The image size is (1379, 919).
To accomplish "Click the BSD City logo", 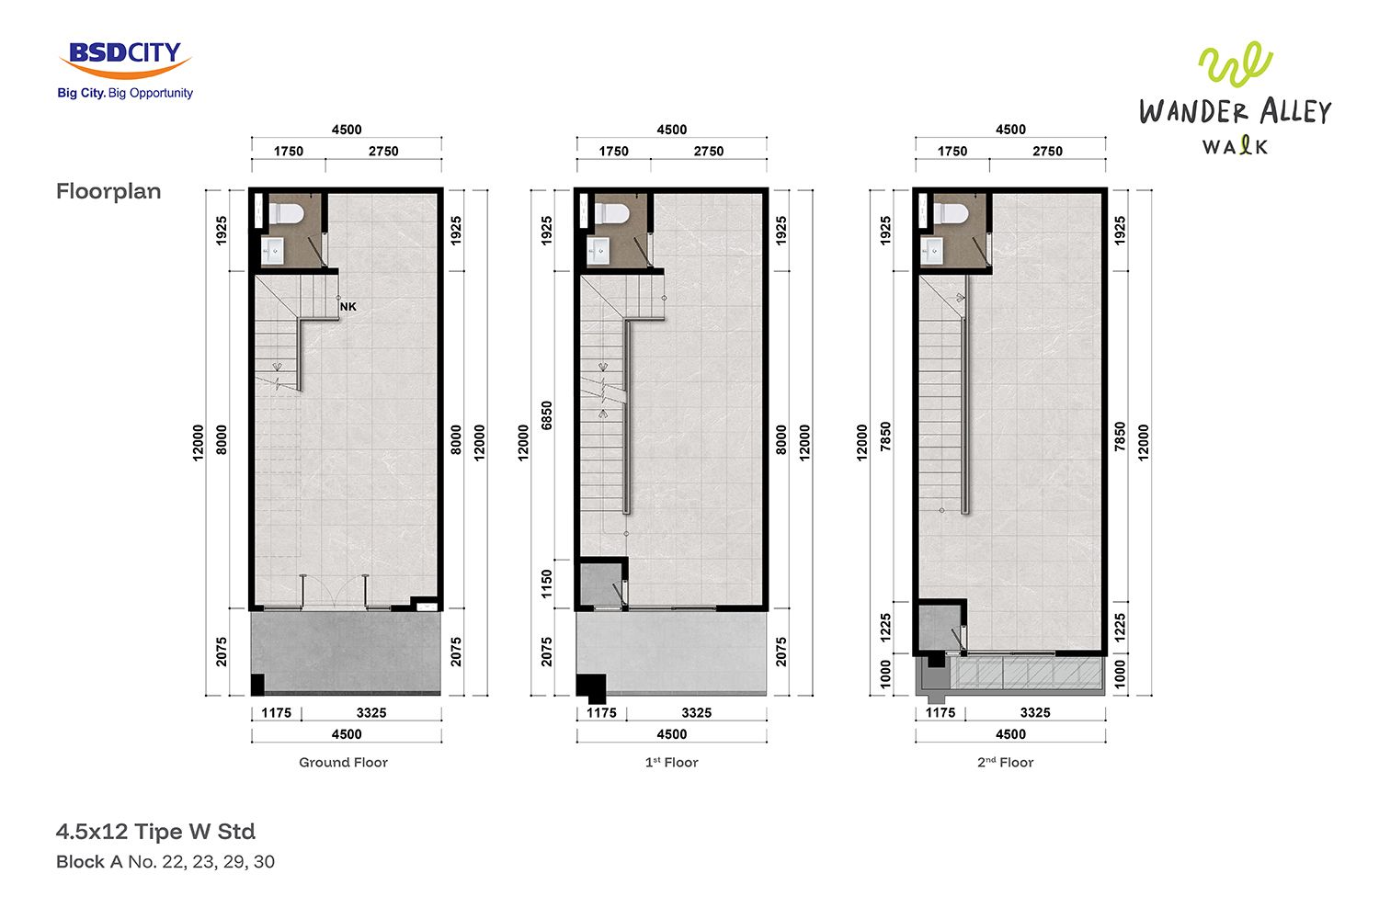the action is pyautogui.click(x=125, y=70).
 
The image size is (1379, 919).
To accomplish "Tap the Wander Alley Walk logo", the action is pyautogui.click(x=1235, y=98).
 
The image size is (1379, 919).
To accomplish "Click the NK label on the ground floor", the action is pyautogui.click(x=348, y=307).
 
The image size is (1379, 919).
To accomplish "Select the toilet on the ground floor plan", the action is pyautogui.click(x=287, y=214).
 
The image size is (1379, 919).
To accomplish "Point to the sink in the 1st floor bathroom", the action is pyautogui.click(x=598, y=251).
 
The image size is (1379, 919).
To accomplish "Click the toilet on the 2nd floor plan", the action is pyautogui.click(x=952, y=214).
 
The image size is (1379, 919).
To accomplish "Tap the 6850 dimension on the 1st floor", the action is pyautogui.click(x=547, y=415).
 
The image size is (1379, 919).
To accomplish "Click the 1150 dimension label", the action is pyautogui.click(x=547, y=584).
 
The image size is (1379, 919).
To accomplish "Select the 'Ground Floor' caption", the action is pyautogui.click(x=344, y=762).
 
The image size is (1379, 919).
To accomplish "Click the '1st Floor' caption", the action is pyautogui.click(x=672, y=762).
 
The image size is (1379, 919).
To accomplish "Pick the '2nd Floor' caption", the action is pyautogui.click(x=1006, y=762).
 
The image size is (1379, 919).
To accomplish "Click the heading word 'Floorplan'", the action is pyautogui.click(x=108, y=191).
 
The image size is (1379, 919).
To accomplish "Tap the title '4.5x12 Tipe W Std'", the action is pyautogui.click(x=155, y=832).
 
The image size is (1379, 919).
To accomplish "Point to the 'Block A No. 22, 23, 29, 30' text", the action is pyautogui.click(x=165, y=862).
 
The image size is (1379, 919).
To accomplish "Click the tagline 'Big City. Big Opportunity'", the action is pyautogui.click(x=125, y=93).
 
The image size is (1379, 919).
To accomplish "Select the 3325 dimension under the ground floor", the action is pyautogui.click(x=371, y=713).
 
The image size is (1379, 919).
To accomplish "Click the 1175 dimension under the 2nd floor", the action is pyautogui.click(x=940, y=713).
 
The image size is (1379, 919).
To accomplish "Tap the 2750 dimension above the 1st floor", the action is pyautogui.click(x=709, y=152).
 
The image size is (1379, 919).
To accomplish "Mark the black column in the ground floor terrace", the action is pyautogui.click(x=258, y=685).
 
